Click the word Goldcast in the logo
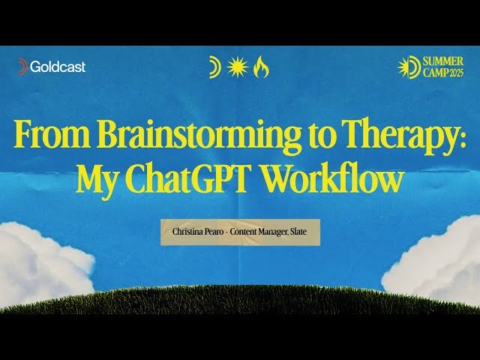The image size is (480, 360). [58, 67]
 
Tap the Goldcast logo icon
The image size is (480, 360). [22, 67]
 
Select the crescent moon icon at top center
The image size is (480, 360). [214, 67]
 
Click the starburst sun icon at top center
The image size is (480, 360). [237, 67]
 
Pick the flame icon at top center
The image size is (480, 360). [261, 67]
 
